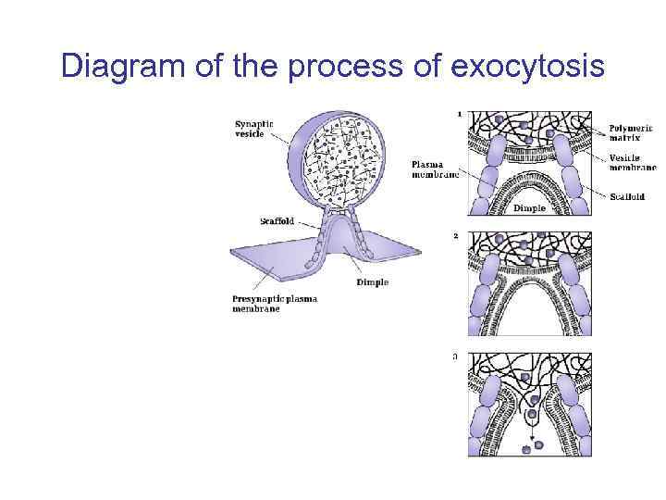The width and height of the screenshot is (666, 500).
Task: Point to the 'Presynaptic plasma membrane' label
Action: click(x=274, y=304)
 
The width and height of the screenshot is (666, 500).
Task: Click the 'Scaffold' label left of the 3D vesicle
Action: click(x=277, y=221)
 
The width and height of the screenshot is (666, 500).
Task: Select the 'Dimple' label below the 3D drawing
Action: click(x=372, y=282)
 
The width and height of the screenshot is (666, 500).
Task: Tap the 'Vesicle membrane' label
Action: click(x=630, y=163)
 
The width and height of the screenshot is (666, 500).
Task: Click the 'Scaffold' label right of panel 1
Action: click(x=627, y=195)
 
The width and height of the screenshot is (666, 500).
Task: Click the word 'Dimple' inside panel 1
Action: click(x=529, y=208)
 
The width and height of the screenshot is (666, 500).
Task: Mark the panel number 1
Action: click(x=460, y=114)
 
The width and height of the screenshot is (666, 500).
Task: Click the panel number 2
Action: click(x=456, y=235)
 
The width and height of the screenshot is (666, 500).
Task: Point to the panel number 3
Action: click(x=455, y=356)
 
